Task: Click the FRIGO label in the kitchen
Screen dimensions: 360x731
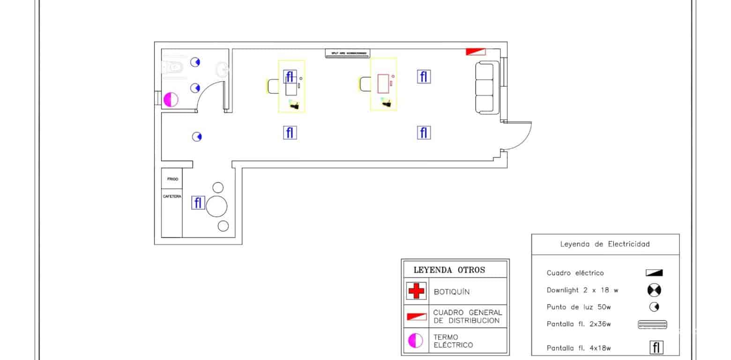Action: [172, 179]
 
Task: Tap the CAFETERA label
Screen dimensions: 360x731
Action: [172, 196]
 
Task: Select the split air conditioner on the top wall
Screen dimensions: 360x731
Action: [347, 53]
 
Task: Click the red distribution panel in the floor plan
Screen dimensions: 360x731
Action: [475, 52]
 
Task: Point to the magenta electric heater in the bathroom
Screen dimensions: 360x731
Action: [171, 99]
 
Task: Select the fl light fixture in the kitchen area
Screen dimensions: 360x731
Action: [198, 203]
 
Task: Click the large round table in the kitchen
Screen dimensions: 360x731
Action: [217, 206]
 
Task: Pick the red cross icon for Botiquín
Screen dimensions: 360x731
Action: [416, 291]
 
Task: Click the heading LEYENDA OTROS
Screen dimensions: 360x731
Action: [449, 270]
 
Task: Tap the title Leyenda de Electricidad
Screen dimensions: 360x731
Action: [605, 244]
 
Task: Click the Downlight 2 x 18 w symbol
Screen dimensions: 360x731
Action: [654, 290]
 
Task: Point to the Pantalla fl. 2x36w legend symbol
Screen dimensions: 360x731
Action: [652, 324]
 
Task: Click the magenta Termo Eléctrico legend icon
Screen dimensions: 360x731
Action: [416, 340]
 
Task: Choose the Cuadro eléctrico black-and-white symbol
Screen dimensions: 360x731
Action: [654, 273]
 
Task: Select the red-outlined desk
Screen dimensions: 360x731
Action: [383, 83]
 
